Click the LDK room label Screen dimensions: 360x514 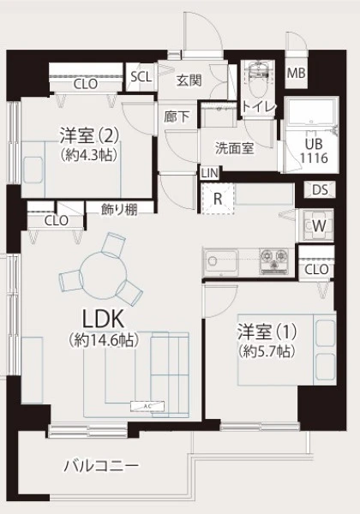point(103,319)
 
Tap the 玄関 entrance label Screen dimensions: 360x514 point(189,81)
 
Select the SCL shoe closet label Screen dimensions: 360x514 point(141,77)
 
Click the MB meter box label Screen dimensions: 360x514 point(296,73)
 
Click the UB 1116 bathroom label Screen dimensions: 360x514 point(314,151)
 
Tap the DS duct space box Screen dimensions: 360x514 point(320,189)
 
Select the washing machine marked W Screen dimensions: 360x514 point(318,225)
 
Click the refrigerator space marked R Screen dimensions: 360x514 point(218,199)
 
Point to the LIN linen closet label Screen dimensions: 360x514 point(209,173)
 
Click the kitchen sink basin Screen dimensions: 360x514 point(221,261)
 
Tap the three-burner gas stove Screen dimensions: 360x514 point(274,261)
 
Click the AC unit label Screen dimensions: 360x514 point(147,406)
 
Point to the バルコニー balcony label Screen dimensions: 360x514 point(101,465)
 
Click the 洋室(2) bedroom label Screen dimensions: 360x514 point(88,135)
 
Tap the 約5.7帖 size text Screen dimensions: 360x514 point(267,352)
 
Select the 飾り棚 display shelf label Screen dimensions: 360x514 point(119,209)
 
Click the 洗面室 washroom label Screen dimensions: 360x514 point(234,148)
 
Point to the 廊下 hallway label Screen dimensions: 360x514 point(177,117)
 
